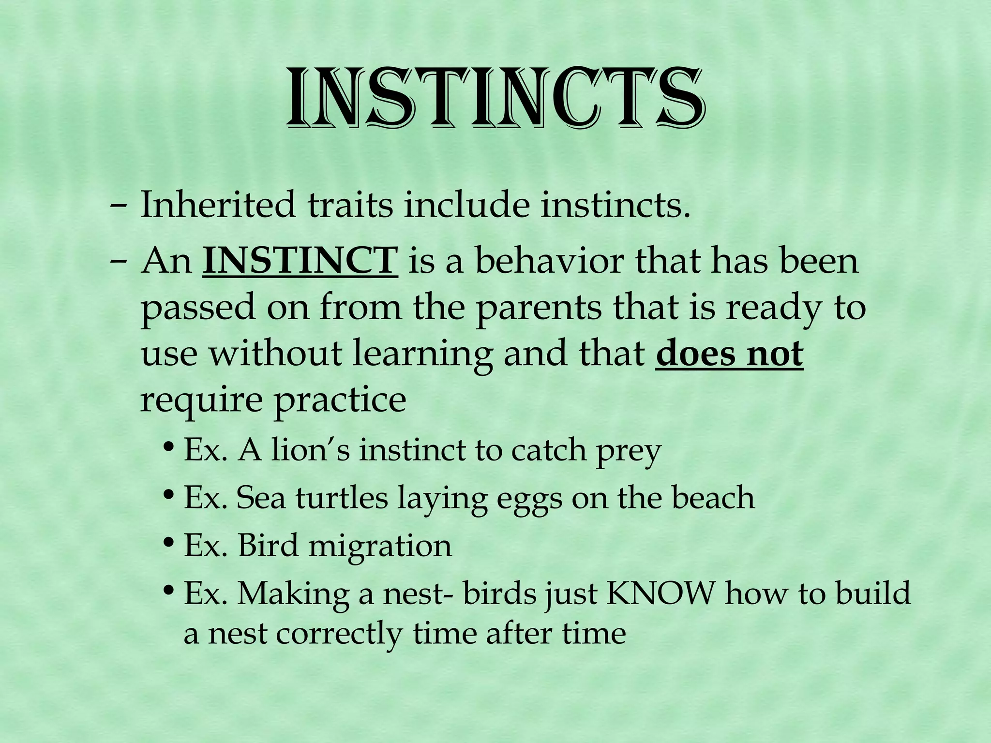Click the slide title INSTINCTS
(494, 100)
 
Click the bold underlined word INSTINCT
(300, 261)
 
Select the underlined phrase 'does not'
(729, 354)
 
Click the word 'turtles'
(342, 498)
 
